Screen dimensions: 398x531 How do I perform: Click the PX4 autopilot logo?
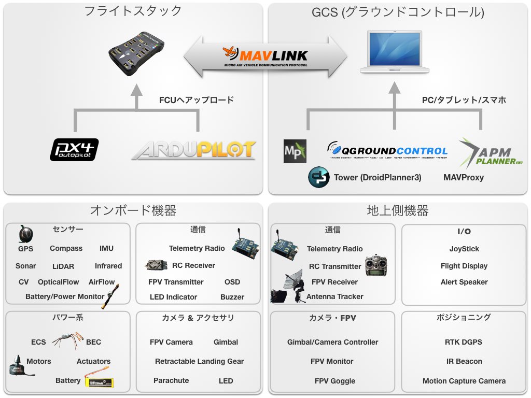(74, 149)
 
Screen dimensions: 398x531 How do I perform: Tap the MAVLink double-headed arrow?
(265, 56)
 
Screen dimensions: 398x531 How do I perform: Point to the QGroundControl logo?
(387, 151)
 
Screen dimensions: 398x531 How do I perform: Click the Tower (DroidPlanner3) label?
(378, 177)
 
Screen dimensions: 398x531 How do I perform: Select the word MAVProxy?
(464, 177)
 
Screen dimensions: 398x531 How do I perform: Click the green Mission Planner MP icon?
(295, 151)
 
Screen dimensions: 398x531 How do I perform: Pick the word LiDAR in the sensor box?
(63, 266)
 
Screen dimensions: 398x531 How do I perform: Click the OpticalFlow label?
(59, 282)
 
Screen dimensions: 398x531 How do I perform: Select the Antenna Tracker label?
(335, 296)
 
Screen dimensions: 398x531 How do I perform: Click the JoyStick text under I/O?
(464, 249)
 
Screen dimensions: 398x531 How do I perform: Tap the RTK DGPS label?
(464, 342)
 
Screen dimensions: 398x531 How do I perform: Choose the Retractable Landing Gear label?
(199, 361)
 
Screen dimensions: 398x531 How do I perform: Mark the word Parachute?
(171, 380)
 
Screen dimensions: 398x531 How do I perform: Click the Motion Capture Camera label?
(464, 381)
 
